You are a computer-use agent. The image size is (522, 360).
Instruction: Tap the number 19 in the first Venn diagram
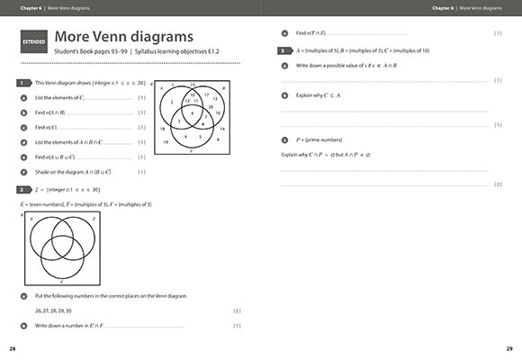(x=166, y=142)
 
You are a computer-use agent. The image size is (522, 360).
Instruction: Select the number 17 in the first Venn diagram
(x=206, y=94)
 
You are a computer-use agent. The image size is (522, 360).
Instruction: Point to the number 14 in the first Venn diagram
(x=222, y=129)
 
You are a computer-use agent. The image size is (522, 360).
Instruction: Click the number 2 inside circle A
(x=173, y=102)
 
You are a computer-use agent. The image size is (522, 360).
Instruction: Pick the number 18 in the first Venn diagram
(x=162, y=129)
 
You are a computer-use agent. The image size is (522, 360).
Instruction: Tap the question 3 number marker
(x=283, y=51)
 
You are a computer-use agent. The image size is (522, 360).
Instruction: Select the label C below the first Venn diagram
(x=192, y=150)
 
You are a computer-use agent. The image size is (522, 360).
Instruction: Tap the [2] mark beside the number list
(x=237, y=310)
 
